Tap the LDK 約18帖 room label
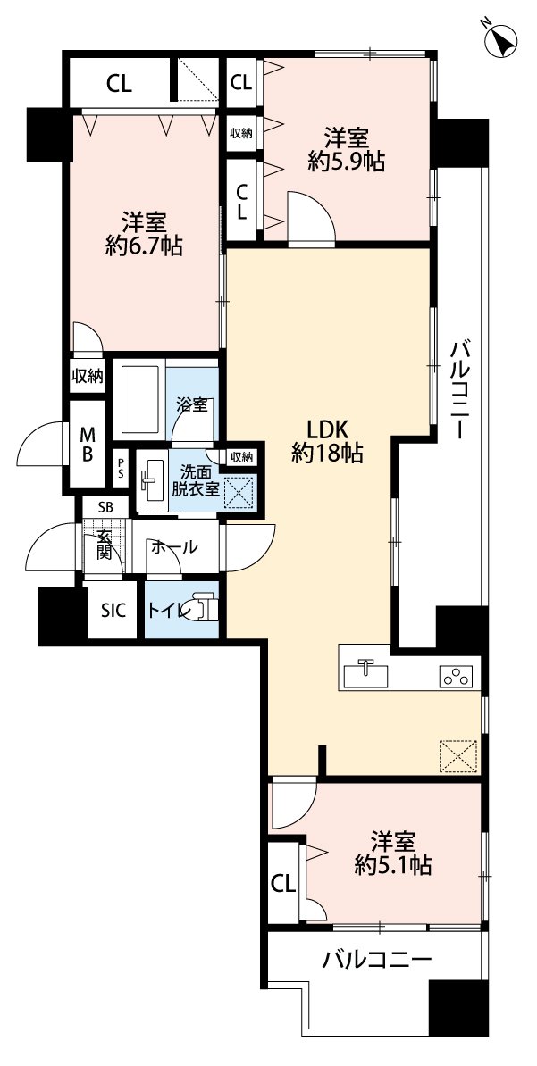point(327,440)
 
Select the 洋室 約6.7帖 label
point(144,234)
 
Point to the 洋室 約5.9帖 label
point(347,149)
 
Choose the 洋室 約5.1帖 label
point(394,852)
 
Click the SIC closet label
point(113,611)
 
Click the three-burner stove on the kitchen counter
point(456,676)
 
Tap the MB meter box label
point(88,443)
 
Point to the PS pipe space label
point(122,467)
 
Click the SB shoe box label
point(105,507)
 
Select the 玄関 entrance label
point(105,546)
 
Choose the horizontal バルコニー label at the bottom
point(377,961)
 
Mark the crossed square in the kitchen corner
point(458,755)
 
